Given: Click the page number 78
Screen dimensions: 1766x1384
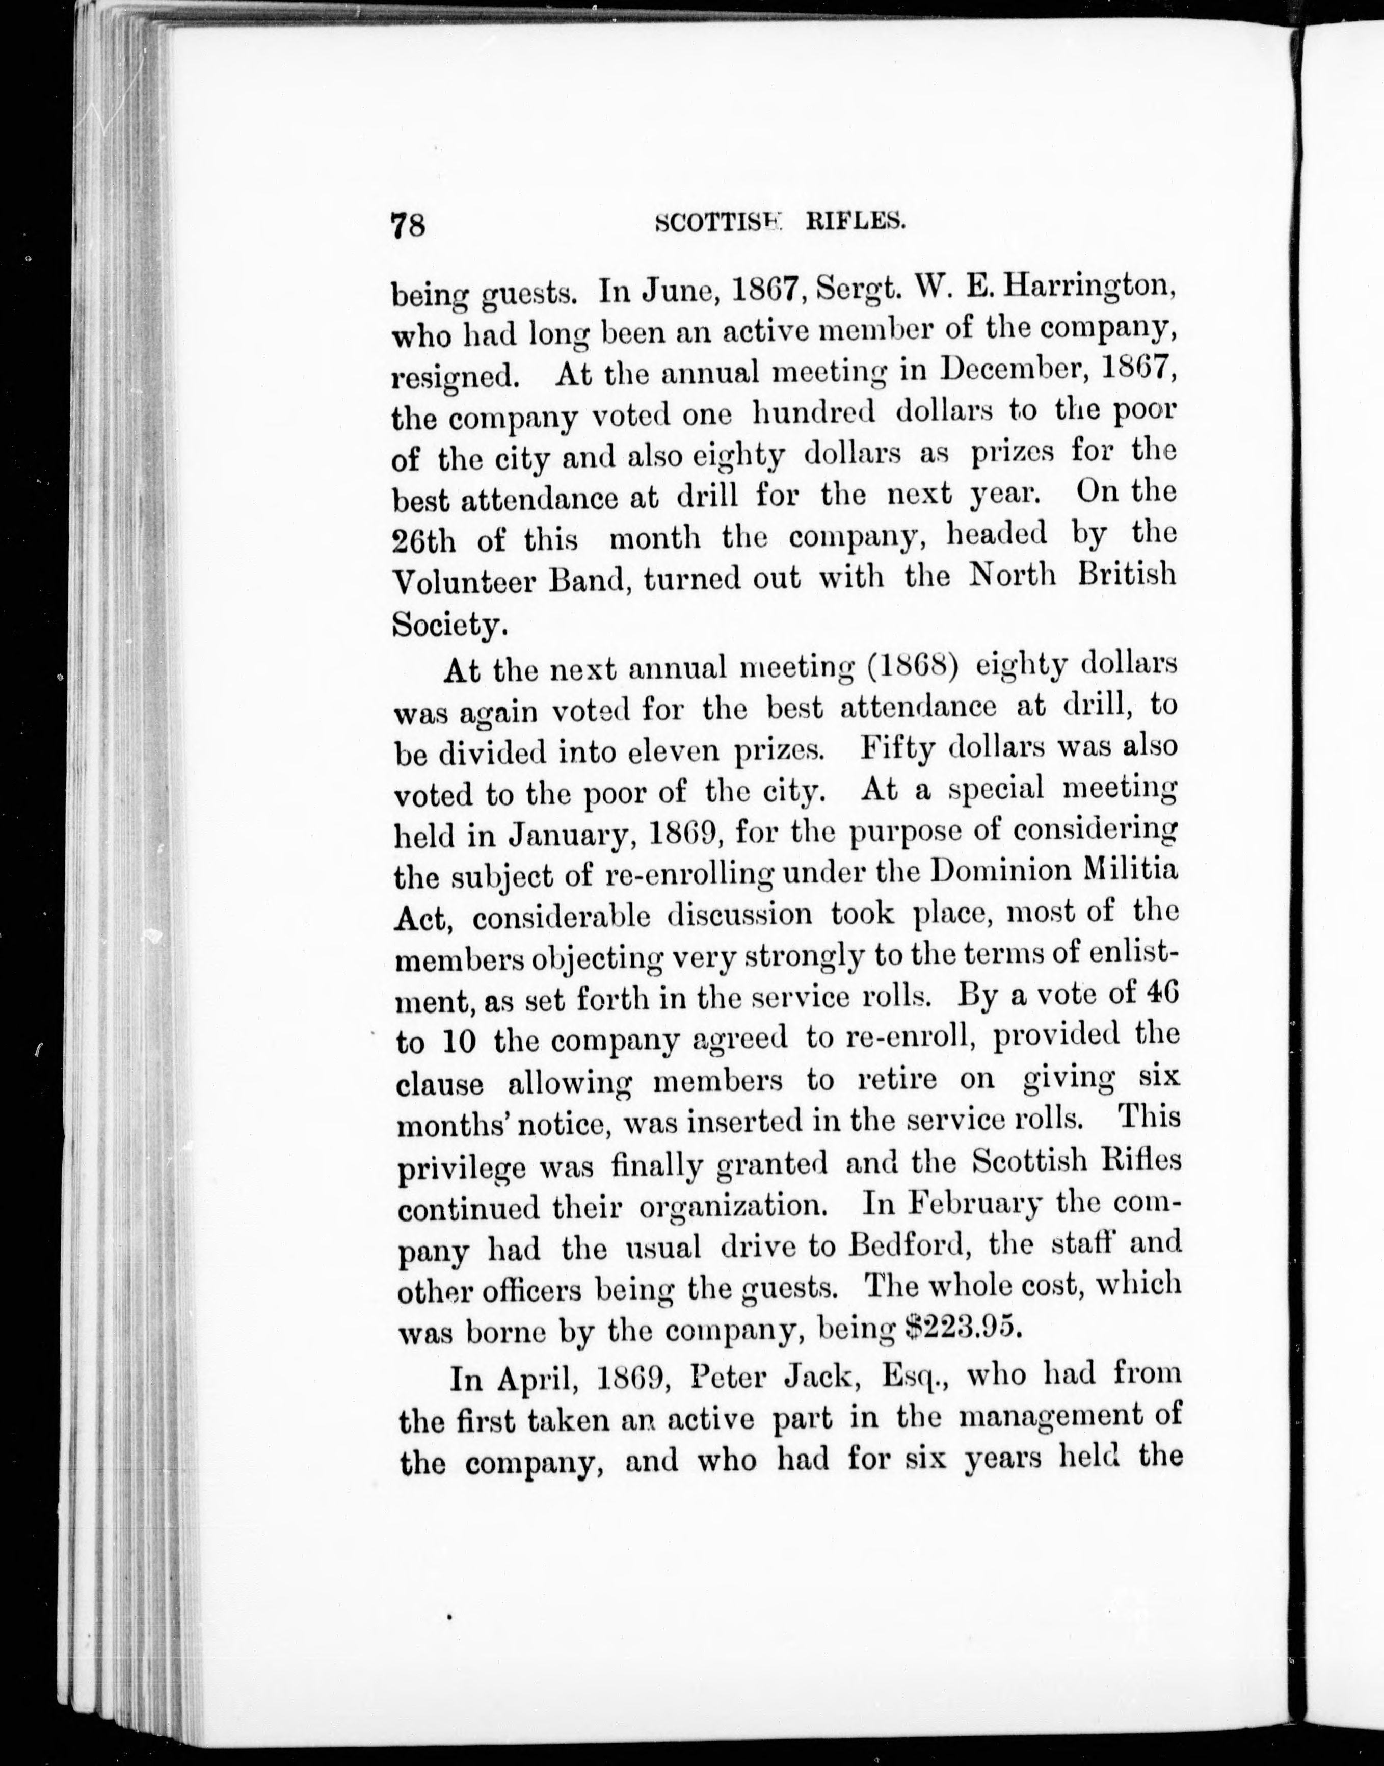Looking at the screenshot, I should tap(408, 224).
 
